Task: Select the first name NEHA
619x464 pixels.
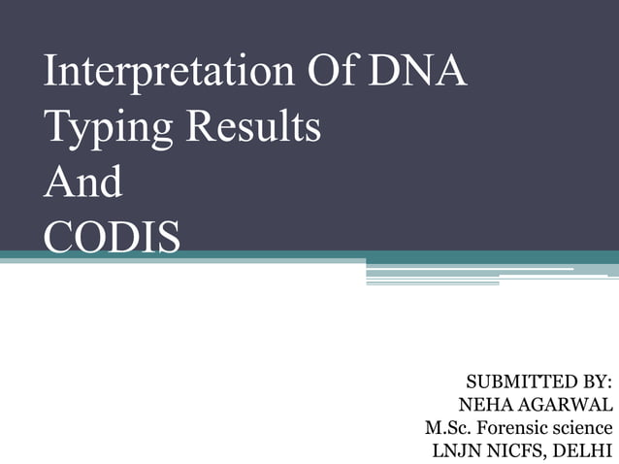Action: tap(481, 403)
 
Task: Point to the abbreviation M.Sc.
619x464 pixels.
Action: tap(446, 427)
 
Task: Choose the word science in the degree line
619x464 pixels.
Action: tap(582, 427)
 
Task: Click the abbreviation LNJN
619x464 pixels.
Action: tap(455, 450)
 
